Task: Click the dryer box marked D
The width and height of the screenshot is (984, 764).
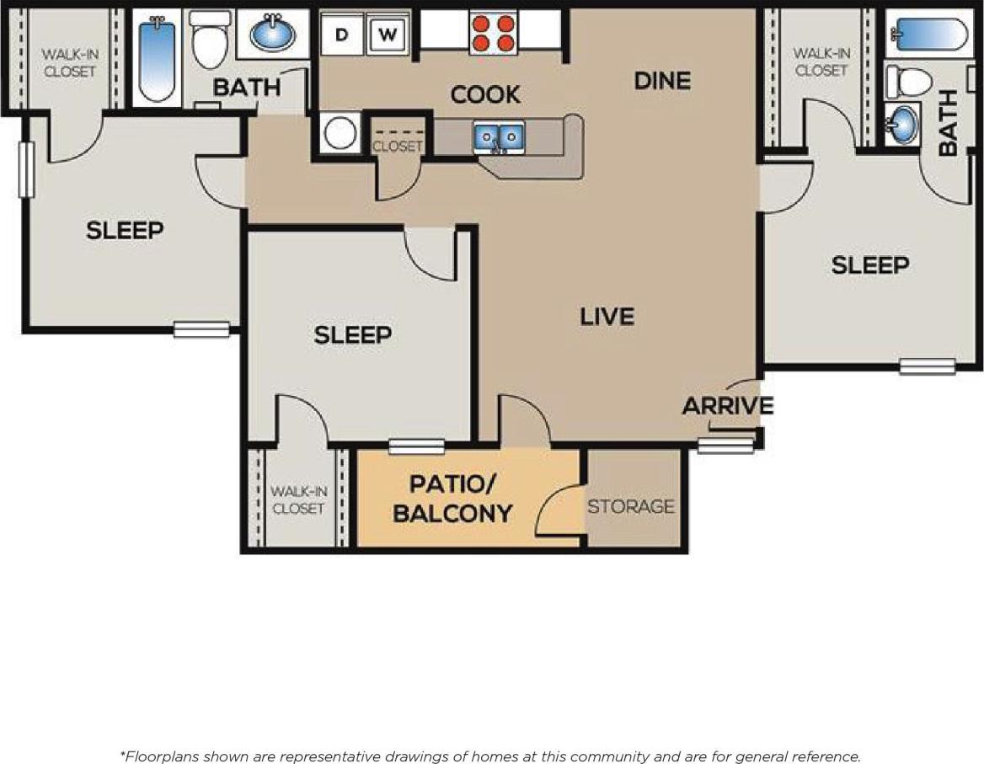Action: (x=342, y=35)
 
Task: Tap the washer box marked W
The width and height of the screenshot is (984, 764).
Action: (x=388, y=35)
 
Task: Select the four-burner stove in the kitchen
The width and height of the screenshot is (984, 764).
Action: (x=493, y=34)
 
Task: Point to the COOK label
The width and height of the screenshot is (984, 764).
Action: (x=484, y=95)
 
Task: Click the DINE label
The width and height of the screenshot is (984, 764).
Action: (x=662, y=81)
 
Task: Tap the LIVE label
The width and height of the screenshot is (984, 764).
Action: (x=607, y=317)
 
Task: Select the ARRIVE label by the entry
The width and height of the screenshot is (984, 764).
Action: (x=727, y=406)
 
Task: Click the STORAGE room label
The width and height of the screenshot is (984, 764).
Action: (x=631, y=506)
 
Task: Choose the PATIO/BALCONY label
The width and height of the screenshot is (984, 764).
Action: (x=452, y=499)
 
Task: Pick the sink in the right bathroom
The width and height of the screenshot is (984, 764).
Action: (x=904, y=125)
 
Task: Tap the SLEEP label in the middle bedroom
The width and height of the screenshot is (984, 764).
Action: (x=353, y=335)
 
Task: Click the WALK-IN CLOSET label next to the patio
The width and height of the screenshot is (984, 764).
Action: (x=298, y=500)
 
